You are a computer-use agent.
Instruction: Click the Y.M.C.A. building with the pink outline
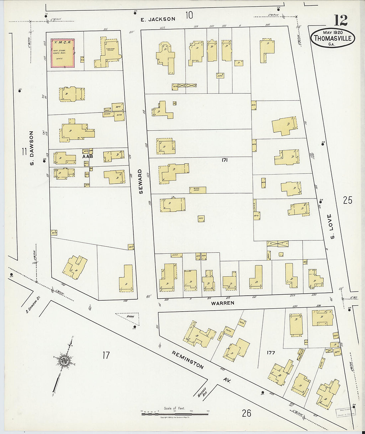[x=62, y=53]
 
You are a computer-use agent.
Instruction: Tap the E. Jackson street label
[x=158, y=19]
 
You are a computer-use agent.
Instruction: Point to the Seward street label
[x=140, y=182]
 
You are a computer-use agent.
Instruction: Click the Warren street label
[x=223, y=303]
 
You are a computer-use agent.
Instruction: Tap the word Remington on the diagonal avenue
[x=187, y=360]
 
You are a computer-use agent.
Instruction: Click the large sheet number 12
[x=340, y=21]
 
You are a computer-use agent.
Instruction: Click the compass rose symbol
[x=63, y=361]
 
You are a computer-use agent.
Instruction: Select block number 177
[x=271, y=353]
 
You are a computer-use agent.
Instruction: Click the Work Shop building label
[x=197, y=190]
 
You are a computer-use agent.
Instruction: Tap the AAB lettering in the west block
[x=88, y=156]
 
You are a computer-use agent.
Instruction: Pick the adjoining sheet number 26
[x=246, y=413]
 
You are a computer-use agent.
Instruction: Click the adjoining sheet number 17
[x=106, y=355]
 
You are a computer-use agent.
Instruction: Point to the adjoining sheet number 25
[x=347, y=200]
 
